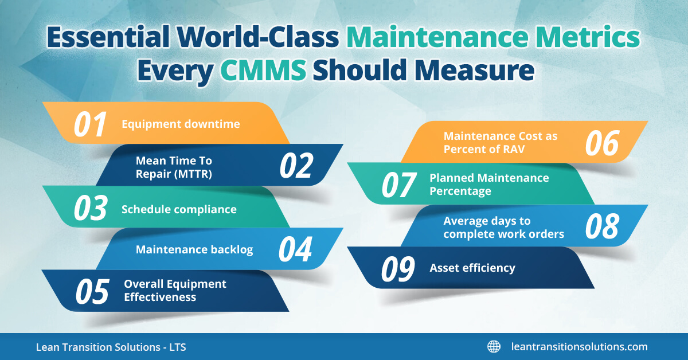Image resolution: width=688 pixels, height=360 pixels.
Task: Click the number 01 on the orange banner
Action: coord(90,124)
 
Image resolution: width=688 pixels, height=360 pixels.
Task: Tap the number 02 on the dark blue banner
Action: coord(296,166)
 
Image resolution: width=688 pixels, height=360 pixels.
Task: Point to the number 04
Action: coord(295,249)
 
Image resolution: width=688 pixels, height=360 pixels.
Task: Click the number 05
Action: coord(92,291)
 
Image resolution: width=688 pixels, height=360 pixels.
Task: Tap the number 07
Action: coord(398,185)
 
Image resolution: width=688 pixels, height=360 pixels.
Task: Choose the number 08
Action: coord(602,226)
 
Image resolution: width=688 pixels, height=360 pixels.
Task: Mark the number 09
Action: coord(398,268)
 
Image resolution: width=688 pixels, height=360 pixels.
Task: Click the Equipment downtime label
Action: coord(181,124)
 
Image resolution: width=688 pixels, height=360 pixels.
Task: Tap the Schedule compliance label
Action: coord(179,209)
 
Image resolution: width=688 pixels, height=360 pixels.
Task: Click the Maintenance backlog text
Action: coord(194,250)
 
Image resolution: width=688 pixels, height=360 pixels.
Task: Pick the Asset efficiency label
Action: coord(472,268)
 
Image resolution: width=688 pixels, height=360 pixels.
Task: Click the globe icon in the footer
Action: coord(494,346)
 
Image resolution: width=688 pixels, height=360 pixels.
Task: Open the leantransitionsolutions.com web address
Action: coord(579,347)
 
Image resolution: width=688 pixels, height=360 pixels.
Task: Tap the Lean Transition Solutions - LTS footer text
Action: coord(111,347)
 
